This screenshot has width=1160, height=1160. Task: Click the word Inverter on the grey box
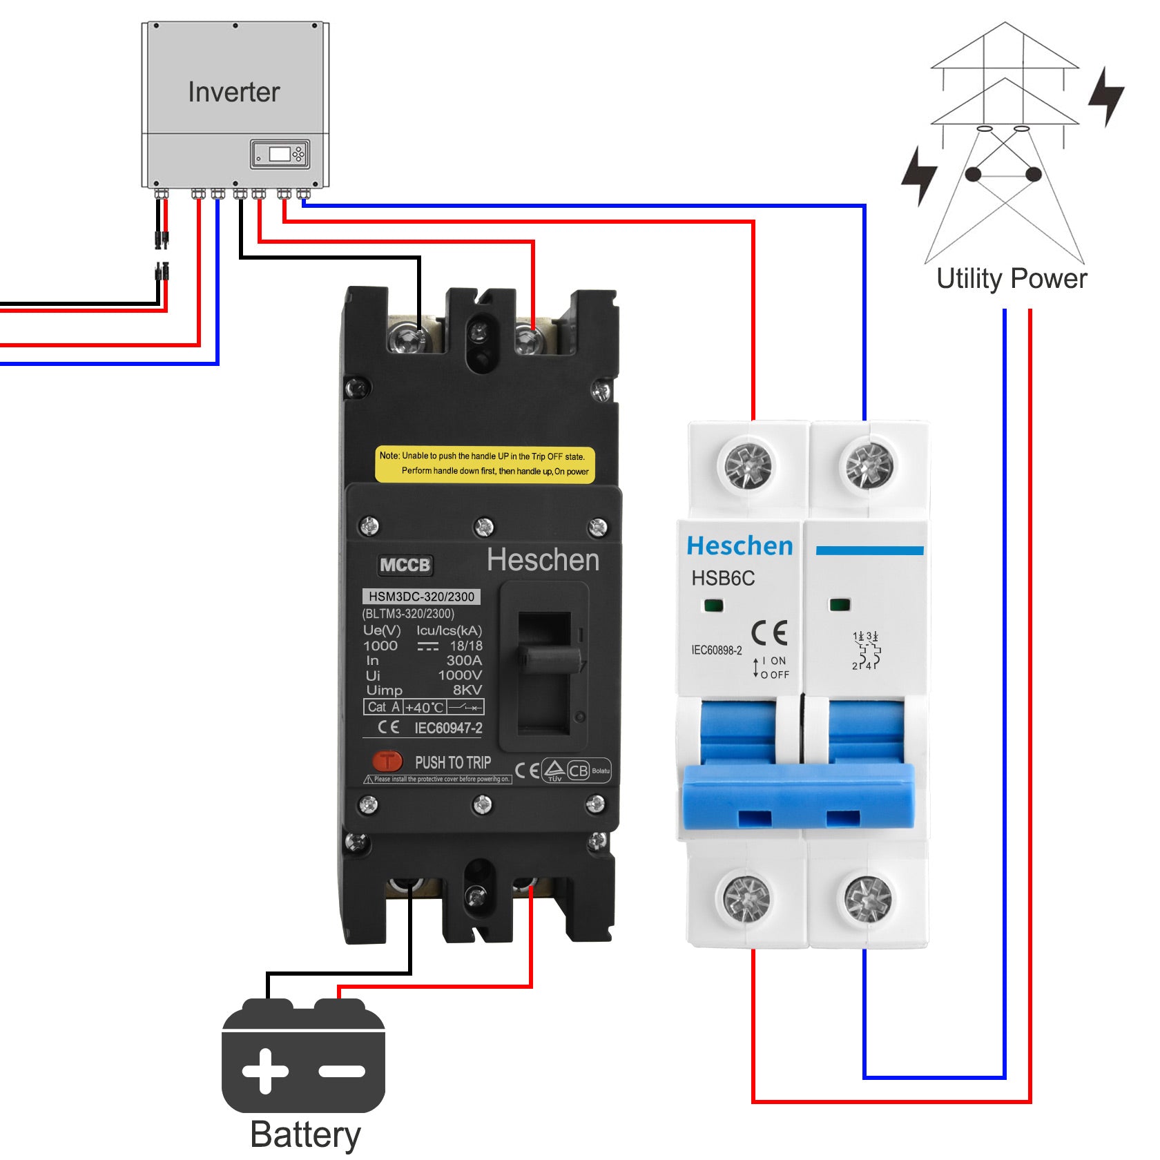click(x=234, y=93)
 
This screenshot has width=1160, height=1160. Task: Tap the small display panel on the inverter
click(x=280, y=154)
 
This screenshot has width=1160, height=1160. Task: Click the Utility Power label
click(x=1012, y=279)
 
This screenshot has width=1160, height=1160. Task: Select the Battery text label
click(x=305, y=1134)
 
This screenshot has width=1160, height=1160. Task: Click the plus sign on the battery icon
click(x=265, y=1071)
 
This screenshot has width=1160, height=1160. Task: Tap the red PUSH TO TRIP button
click(x=387, y=762)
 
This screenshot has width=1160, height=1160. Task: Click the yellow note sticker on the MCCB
click(x=485, y=464)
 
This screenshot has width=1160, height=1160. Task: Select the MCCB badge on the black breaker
click(x=405, y=565)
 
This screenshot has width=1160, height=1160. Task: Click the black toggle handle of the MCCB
click(x=550, y=659)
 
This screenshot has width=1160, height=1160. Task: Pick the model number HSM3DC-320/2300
click(x=421, y=597)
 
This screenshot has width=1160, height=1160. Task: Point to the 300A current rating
click(x=464, y=661)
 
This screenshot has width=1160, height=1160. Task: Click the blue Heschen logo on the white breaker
click(x=739, y=546)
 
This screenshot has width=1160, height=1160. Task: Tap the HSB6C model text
click(x=723, y=579)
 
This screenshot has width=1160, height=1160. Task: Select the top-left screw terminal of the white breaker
click(x=748, y=465)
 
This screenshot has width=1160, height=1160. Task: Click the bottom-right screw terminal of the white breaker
click(x=868, y=898)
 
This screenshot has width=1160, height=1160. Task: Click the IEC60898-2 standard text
click(x=717, y=650)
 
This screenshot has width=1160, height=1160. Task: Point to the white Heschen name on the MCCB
click(x=543, y=560)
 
